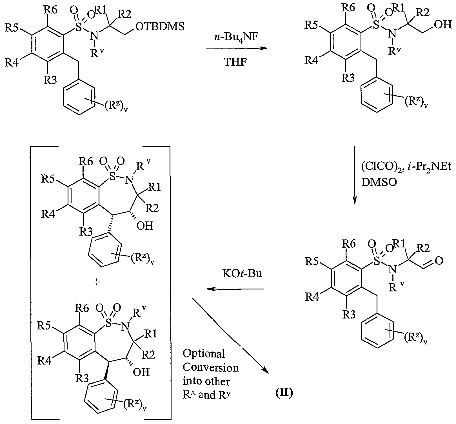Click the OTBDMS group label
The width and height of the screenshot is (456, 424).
pyautogui.click(x=160, y=27)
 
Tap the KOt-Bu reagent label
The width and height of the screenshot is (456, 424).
pyautogui.click(x=242, y=274)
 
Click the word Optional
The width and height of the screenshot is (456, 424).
pyautogui.click(x=204, y=354)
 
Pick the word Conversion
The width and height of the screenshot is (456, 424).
pyautogui.click(x=211, y=368)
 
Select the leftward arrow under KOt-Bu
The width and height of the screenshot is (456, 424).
pyautogui.click(x=236, y=289)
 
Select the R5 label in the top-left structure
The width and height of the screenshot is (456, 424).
pyautogui.click(x=12, y=28)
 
